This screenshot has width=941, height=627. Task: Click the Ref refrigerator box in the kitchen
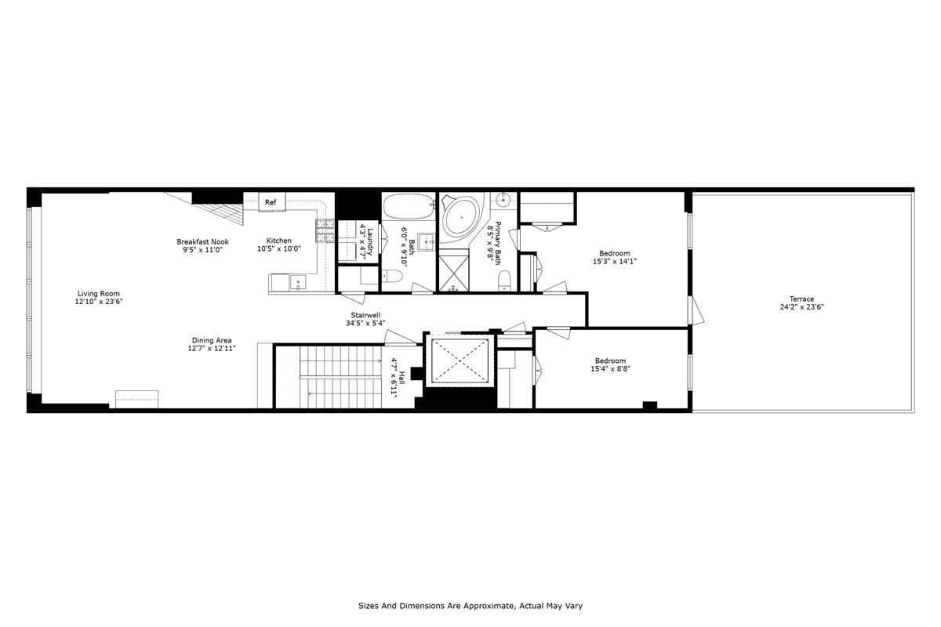271,202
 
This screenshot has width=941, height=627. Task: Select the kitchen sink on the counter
297,282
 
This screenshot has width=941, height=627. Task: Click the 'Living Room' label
99,293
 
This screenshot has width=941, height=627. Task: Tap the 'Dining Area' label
212,340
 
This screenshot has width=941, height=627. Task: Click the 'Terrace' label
801,299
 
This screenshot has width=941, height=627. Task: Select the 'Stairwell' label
365,314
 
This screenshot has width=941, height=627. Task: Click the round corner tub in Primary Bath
463,215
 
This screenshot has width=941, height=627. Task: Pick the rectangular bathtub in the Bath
408,208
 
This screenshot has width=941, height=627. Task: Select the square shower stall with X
453,270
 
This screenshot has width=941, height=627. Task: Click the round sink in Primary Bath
505,201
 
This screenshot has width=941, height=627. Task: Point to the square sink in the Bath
426,241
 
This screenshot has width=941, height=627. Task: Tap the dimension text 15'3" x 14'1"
615,262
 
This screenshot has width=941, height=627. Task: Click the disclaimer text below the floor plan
470,606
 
